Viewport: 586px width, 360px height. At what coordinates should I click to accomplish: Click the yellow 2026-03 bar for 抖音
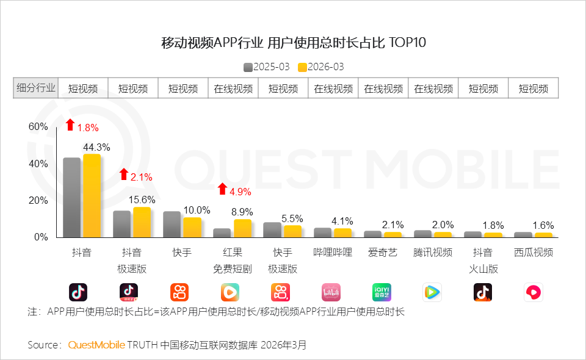pyautogui.click(x=92, y=196)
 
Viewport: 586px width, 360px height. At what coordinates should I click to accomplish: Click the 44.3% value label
pyautogui.click(x=96, y=147)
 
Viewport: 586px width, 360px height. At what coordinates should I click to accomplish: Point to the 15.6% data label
pyautogui.click(x=142, y=200)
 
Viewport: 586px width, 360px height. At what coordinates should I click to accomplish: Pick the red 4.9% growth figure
pyautogui.click(x=240, y=192)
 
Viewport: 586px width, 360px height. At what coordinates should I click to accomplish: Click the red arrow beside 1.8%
pyautogui.click(x=70, y=125)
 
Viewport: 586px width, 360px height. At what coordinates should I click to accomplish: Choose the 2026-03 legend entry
pyautogui.click(x=321, y=67)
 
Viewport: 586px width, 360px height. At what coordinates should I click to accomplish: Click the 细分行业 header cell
pyautogui.click(x=35, y=88)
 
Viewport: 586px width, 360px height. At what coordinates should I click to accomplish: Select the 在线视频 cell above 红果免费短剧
pyautogui.click(x=233, y=88)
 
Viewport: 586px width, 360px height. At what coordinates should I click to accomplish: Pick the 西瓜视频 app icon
pyautogui.click(x=533, y=293)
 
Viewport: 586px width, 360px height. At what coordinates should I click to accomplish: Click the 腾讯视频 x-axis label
pyautogui.click(x=433, y=253)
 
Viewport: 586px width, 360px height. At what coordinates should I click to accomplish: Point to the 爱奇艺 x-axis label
pyautogui.click(x=382, y=253)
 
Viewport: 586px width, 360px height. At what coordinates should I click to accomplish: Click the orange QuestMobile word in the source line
pyautogui.click(x=96, y=345)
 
